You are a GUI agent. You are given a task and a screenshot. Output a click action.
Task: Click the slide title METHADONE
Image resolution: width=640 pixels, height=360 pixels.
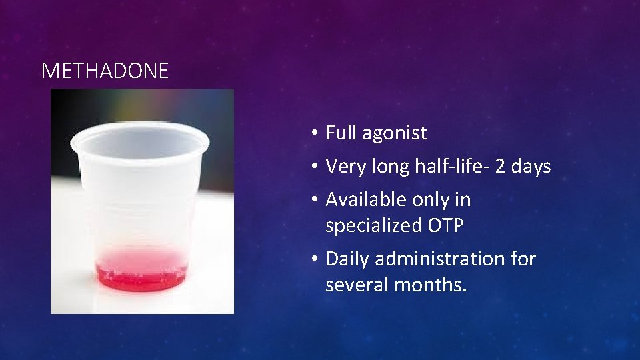tap(105, 71)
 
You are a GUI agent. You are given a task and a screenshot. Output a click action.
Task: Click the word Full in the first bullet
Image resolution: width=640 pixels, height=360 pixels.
tap(341, 133)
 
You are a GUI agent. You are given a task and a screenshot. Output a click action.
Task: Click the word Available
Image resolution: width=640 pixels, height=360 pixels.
tap(365, 199)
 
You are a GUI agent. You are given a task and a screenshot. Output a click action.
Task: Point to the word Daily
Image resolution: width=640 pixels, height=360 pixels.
tap(345, 259)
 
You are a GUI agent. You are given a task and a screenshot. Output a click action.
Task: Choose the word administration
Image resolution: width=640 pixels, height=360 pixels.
tap(439, 259)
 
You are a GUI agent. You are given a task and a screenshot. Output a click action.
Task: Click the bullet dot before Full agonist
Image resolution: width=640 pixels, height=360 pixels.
tap(313, 133)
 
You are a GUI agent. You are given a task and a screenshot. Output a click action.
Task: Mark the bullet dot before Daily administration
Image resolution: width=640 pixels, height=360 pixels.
tap(313, 259)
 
